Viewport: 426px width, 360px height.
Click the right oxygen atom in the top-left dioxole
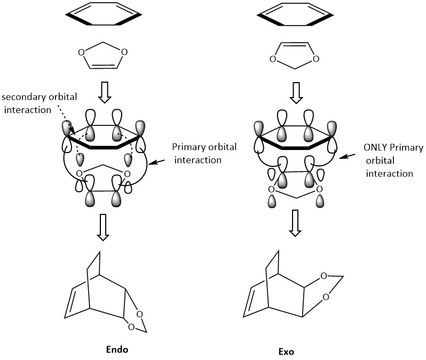pos(124,53)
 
